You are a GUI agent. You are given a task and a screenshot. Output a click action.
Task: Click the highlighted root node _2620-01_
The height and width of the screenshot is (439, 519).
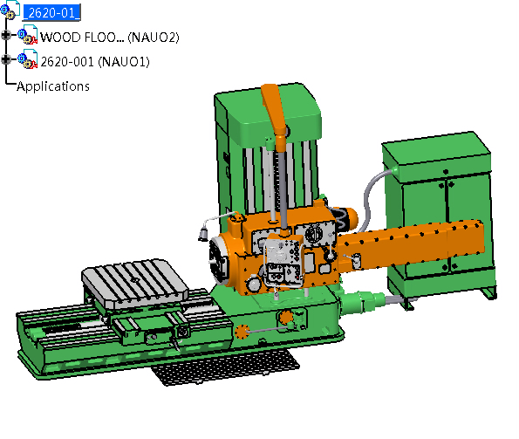point(51,12)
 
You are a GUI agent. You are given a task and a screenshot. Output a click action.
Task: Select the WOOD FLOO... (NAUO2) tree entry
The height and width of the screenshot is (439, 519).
point(110,37)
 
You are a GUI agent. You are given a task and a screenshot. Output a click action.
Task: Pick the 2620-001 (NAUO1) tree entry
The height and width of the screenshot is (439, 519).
point(95,62)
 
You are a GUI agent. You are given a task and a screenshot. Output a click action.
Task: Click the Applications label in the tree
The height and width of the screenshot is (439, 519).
point(53,86)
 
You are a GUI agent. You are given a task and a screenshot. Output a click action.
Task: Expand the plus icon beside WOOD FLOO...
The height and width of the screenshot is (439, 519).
point(6,35)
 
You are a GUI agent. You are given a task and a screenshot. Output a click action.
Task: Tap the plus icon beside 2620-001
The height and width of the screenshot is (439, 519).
point(6,59)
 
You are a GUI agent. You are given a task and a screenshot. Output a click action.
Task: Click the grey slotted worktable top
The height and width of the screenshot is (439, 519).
point(134,281)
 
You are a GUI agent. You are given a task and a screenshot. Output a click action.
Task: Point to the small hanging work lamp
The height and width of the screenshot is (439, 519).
point(203,233)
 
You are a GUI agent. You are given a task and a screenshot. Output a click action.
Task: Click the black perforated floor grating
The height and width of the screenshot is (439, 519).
point(226,367)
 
